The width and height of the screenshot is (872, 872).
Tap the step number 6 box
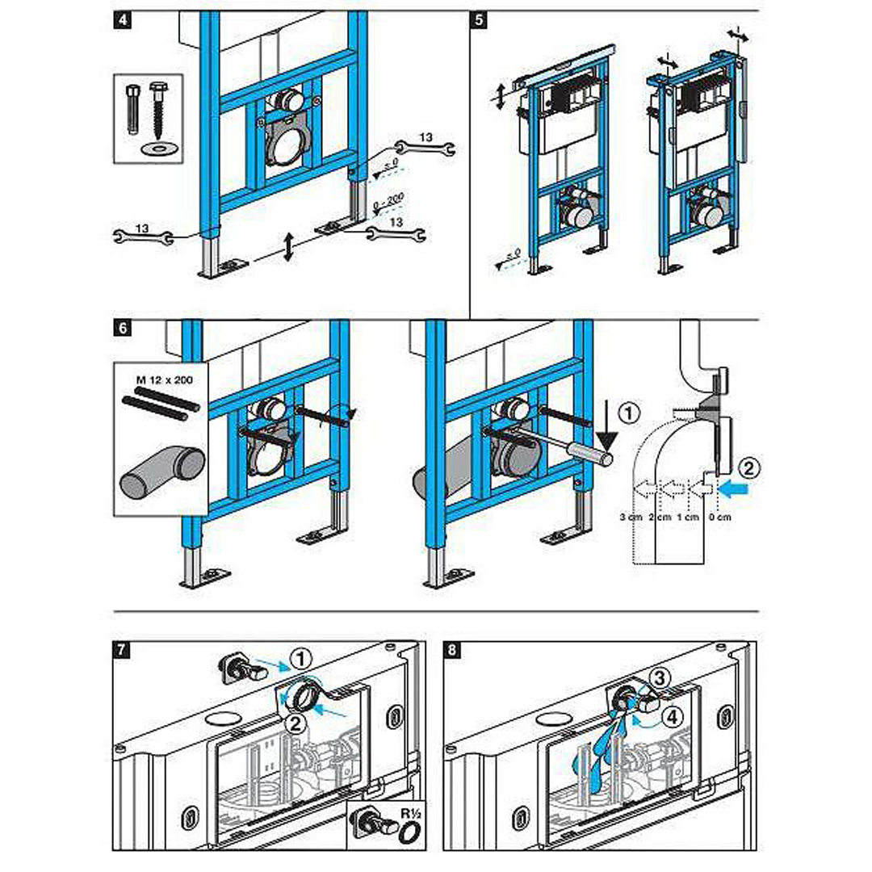[123, 329]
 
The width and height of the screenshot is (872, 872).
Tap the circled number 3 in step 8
[660, 679]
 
